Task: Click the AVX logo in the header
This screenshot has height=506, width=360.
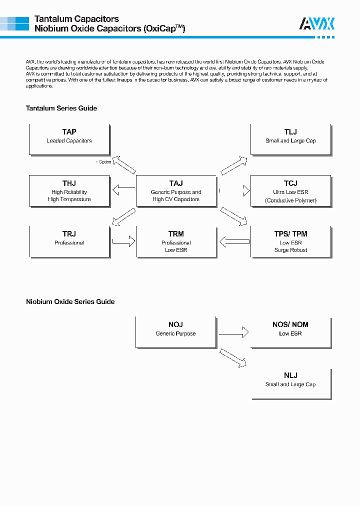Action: click(x=317, y=23)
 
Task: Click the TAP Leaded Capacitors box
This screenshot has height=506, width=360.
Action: click(x=69, y=139)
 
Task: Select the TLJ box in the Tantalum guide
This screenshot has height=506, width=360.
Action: click(x=290, y=139)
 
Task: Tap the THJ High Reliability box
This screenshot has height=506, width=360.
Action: click(x=69, y=190)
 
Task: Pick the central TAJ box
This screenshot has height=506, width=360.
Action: click(x=176, y=190)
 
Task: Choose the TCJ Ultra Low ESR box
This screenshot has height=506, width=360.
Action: click(x=290, y=190)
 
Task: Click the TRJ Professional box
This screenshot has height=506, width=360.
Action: click(x=69, y=241)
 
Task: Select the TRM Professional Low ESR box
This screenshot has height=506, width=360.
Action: click(x=176, y=241)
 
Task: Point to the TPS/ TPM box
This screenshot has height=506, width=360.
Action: click(x=290, y=241)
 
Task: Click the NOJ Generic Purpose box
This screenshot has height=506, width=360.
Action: click(x=175, y=331)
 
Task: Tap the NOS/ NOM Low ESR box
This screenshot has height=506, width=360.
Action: click(x=290, y=331)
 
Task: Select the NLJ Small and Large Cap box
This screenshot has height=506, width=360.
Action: click(x=290, y=383)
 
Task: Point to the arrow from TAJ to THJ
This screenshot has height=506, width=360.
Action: click(x=123, y=189)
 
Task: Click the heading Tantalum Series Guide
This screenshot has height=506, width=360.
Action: click(x=61, y=108)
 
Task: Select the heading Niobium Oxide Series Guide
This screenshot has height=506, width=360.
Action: click(x=70, y=301)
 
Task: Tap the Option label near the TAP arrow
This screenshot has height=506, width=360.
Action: click(x=104, y=162)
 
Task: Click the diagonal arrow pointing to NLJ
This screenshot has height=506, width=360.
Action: click(x=233, y=358)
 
